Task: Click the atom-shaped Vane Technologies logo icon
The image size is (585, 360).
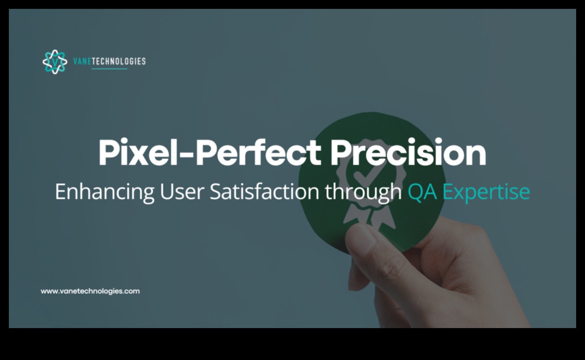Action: (55, 62)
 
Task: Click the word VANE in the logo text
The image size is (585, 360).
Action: (82, 62)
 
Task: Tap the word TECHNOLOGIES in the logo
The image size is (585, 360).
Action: (119, 62)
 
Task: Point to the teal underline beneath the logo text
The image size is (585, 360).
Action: (109, 69)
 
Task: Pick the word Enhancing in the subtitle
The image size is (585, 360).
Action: (105, 192)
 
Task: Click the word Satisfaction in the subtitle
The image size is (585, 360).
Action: (264, 192)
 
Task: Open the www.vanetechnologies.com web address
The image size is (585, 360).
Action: (90, 291)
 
